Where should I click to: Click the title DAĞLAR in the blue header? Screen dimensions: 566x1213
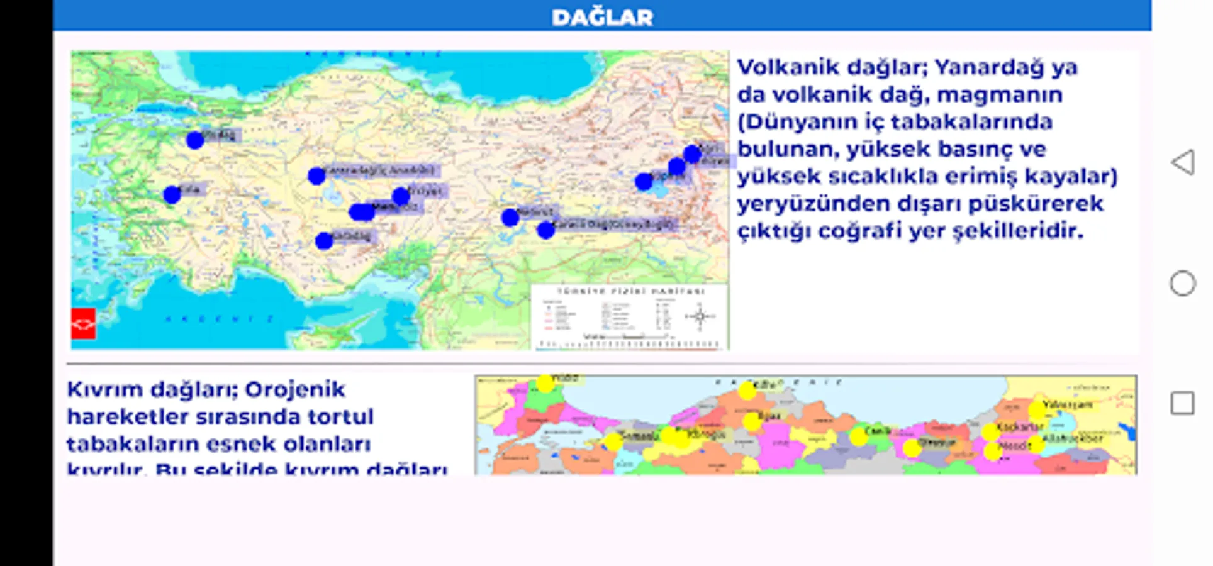pos(602,17)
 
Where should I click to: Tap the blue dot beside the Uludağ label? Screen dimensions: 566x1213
pos(195,140)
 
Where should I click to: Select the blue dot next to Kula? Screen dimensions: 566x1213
pos(172,195)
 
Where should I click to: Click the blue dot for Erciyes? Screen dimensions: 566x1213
pos(401,197)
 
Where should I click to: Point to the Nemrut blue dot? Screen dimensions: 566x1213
pos(510,218)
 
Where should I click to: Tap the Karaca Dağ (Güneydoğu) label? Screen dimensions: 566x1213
pos(614,225)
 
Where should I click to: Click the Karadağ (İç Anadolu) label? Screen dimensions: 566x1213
pos(381,170)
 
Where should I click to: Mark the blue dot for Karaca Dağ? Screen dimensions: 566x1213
pos(545,231)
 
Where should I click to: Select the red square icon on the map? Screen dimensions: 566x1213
pos(83,324)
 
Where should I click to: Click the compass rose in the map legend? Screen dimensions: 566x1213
pos(700,316)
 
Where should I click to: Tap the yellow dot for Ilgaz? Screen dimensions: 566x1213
pos(752,421)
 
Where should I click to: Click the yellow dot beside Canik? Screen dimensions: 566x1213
pos(858,436)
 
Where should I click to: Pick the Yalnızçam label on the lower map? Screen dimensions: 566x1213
pos(1068,404)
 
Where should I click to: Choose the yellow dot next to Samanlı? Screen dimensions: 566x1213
pos(613,441)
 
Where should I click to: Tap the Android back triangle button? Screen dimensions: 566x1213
pos(1182,162)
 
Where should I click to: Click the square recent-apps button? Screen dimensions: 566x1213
pos(1182,403)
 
